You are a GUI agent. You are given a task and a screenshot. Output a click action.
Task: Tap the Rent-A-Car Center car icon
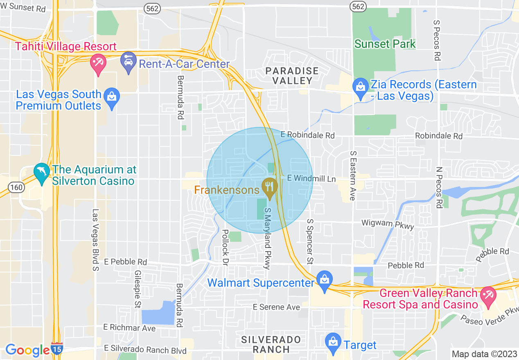[x=129, y=62]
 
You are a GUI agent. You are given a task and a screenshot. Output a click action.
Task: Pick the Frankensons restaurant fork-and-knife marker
[x=269, y=187]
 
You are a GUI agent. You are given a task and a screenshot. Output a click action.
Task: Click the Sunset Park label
[x=385, y=44]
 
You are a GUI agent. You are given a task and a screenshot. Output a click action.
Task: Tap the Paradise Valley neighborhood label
[x=292, y=76]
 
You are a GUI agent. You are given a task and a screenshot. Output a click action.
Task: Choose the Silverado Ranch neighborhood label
[x=271, y=344]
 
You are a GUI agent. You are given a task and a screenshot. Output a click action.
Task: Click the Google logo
[x=27, y=350]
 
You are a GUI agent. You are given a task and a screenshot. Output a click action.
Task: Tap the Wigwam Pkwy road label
[x=388, y=224]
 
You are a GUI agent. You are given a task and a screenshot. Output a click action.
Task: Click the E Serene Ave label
[x=276, y=307]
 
